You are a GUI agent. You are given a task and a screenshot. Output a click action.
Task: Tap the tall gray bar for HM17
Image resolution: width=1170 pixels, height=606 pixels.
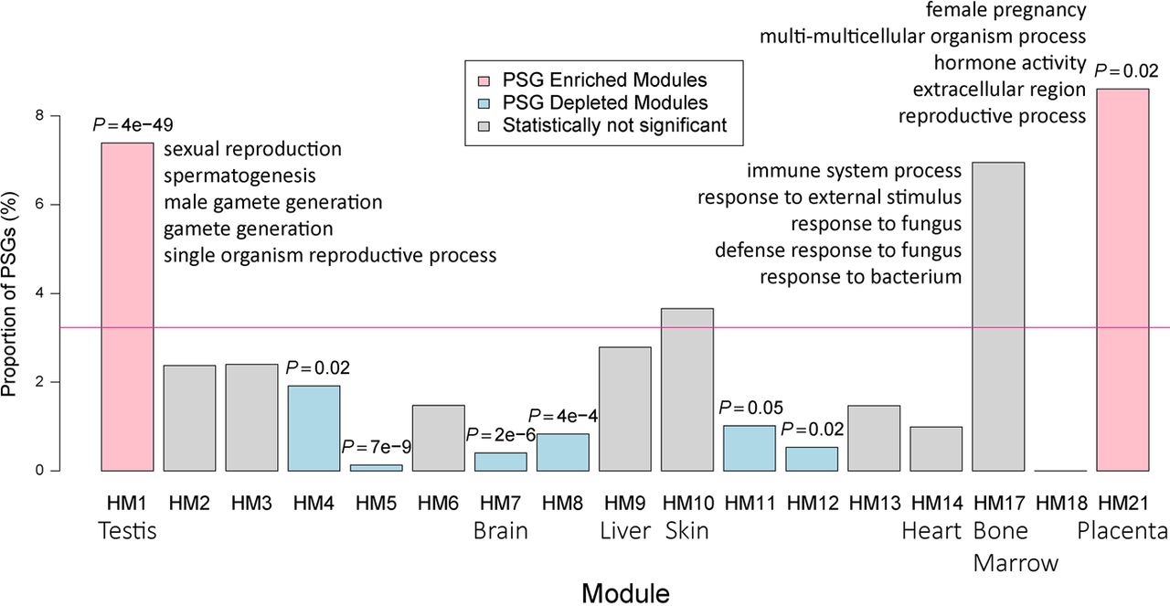pos(997,315)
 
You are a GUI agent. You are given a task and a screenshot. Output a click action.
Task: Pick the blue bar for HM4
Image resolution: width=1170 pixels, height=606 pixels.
pos(314,428)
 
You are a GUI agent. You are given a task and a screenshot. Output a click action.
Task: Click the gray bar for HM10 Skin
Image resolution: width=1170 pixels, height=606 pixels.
pos(686,389)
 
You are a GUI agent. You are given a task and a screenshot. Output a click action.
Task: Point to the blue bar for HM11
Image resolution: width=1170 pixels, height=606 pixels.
pos(749,448)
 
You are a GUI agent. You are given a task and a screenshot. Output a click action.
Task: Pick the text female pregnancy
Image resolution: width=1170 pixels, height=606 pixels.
pos(993,11)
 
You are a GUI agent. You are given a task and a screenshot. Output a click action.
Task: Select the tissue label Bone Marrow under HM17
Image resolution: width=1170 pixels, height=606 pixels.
pos(1001,548)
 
